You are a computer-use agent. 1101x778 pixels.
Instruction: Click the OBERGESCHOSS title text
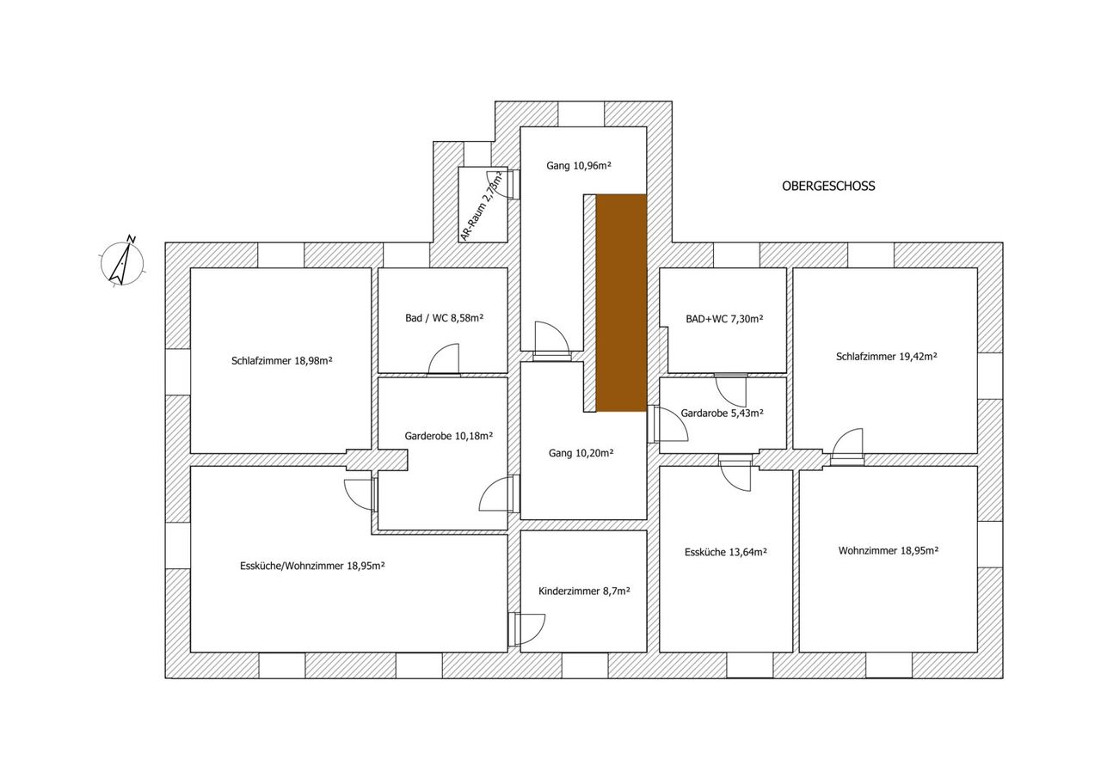828,187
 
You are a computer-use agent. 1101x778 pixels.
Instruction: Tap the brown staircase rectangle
621,303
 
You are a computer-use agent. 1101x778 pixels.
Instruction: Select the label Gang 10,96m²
579,166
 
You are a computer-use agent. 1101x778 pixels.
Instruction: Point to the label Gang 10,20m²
581,453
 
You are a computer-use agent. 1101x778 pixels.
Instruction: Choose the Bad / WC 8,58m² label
445,318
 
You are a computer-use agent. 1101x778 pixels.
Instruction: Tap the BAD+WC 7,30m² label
724,319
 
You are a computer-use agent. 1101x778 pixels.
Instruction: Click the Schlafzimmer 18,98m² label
281,361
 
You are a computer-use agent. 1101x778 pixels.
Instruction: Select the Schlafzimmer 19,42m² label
886,357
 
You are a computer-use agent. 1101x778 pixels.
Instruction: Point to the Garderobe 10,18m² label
449,436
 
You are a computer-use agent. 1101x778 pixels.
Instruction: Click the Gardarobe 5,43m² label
722,413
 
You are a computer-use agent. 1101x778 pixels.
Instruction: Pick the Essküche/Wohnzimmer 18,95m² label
312,566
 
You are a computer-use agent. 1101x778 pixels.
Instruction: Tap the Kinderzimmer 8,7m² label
584,591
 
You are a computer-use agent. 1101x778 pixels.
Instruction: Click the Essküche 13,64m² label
725,552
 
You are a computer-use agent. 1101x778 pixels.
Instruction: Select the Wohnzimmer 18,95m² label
889,550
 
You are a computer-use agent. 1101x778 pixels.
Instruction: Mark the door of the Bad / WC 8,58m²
443,361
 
